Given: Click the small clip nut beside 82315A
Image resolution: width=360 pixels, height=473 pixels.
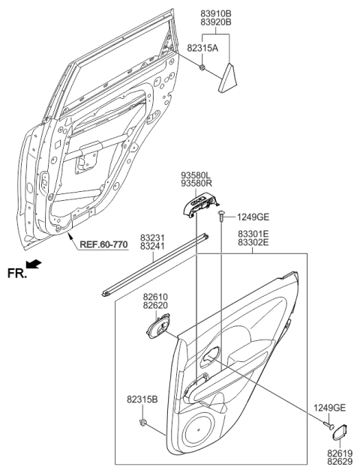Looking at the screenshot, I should pos(203,68).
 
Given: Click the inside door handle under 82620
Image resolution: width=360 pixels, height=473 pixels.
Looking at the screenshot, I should pos(160,328).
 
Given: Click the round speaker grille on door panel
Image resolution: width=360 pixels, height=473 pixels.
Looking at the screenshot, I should pos(203,430).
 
